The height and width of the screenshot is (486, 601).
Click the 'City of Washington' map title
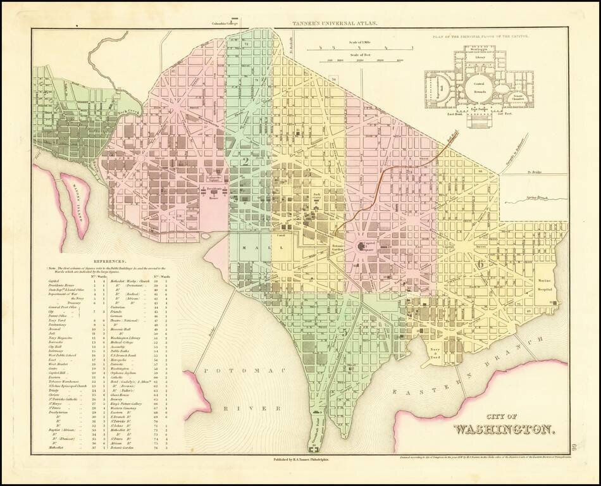coord(505,424)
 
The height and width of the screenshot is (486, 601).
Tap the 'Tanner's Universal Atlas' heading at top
coord(335,24)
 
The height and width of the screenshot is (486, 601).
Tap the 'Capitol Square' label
coord(368,246)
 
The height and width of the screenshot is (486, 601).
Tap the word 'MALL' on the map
coord(257,248)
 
